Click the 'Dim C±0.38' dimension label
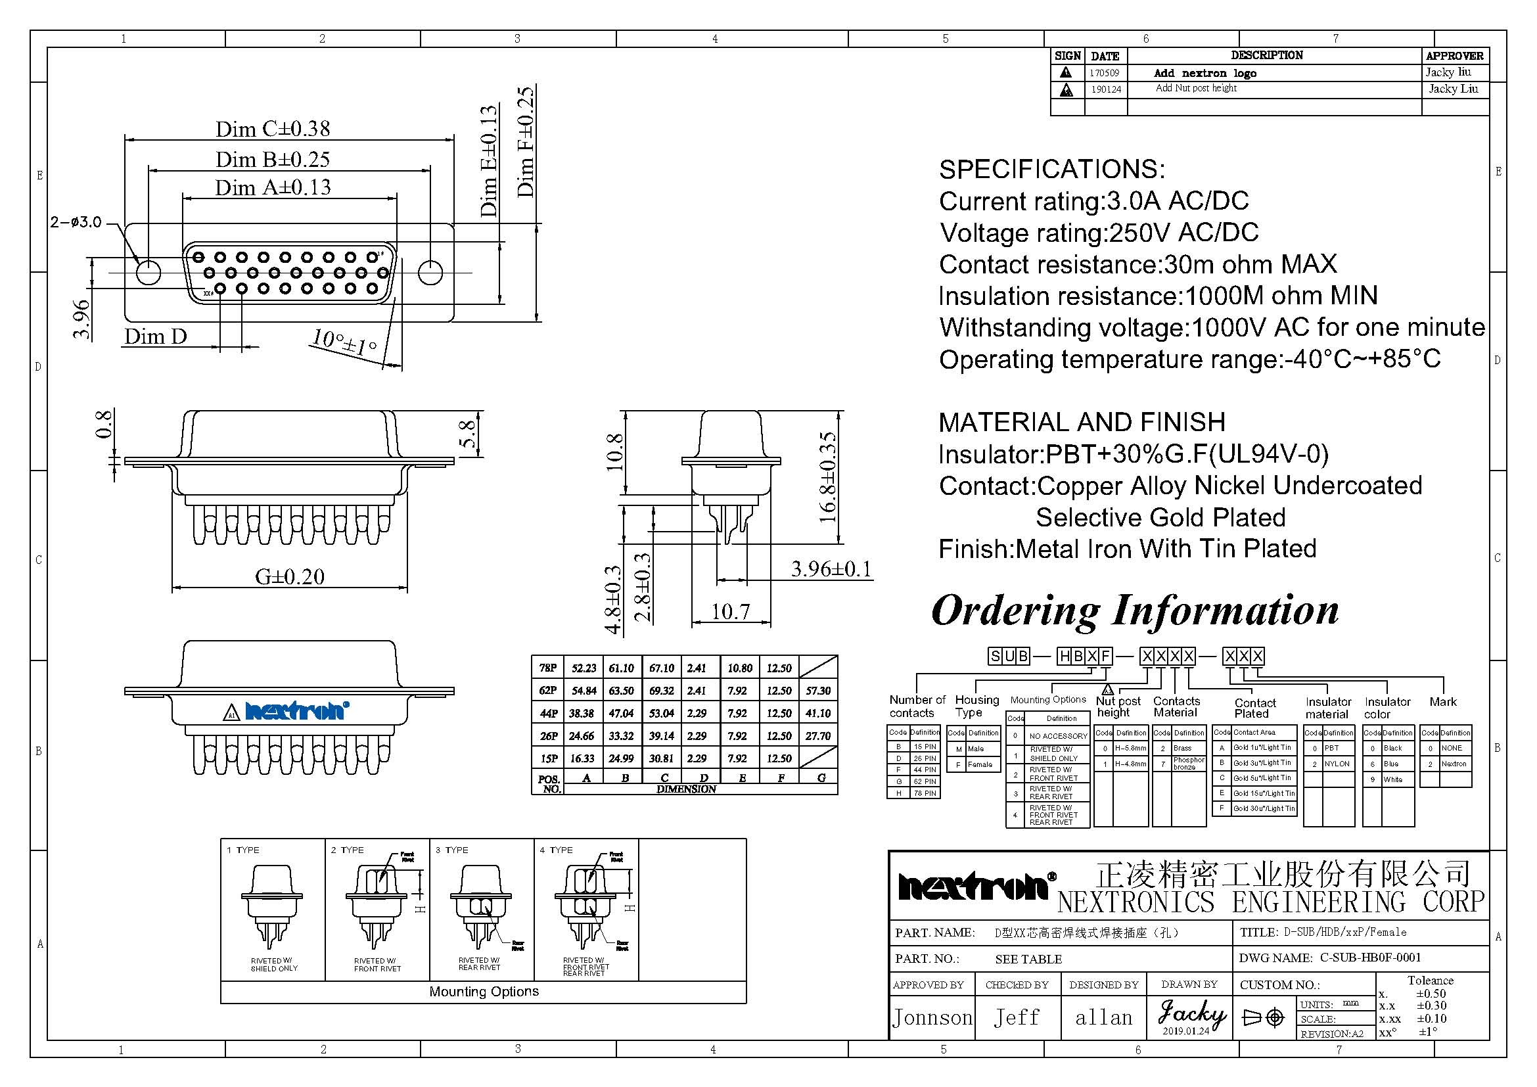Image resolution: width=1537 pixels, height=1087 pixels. [273, 129]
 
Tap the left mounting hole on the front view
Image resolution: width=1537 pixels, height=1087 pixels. [148, 273]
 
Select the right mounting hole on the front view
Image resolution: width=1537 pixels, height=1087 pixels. [430, 273]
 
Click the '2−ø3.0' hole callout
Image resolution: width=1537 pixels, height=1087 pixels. [76, 222]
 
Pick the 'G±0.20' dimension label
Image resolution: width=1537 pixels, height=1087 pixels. [289, 577]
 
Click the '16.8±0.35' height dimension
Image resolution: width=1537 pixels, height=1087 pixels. [828, 476]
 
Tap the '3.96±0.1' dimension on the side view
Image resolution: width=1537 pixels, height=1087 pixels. [831, 570]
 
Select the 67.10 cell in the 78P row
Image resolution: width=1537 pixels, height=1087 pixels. [662, 668]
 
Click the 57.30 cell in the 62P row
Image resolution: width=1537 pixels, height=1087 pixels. [818, 691]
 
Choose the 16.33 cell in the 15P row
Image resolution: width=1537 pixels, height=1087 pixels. [582, 758]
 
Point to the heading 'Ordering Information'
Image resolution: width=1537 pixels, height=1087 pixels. [1135, 611]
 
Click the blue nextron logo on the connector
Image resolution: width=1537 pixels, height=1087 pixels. [297, 711]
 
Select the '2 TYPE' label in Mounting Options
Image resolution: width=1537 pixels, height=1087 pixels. [348, 850]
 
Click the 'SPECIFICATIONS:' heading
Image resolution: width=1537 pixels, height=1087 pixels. [1051, 170]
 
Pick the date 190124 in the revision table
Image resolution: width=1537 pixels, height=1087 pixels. [1106, 89]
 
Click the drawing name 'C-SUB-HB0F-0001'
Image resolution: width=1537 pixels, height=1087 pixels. [1369, 958]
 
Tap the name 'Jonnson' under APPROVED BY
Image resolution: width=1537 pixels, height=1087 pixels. [932, 1018]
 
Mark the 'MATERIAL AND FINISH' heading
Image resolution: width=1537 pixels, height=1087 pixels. [1082, 423]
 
